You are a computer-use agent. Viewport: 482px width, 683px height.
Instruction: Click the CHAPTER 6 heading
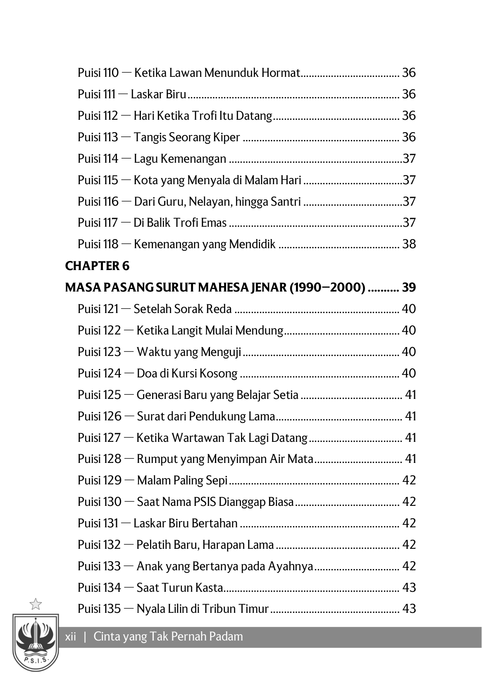(97, 266)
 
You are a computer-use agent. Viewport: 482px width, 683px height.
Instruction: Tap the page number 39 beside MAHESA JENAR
(409, 287)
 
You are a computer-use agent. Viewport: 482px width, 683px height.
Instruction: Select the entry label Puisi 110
(98, 73)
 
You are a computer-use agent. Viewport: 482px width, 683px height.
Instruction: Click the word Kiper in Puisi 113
(227, 137)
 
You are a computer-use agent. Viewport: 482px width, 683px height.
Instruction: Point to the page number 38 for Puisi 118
(409, 244)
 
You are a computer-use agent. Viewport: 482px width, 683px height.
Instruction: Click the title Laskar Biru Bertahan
(186, 523)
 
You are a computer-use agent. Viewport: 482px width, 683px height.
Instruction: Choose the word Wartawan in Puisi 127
(195, 437)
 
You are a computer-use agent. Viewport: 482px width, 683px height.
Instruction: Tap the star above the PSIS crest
(36, 604)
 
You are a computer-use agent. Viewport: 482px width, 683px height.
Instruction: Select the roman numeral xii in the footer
(71, 636)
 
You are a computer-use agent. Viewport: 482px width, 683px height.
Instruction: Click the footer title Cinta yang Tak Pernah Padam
(168, 636)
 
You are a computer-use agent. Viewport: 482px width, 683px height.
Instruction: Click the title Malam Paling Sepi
(182, 480)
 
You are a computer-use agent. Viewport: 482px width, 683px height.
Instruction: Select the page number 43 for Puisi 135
(409, 609)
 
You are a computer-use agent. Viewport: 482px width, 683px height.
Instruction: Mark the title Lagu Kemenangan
(180, 159)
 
